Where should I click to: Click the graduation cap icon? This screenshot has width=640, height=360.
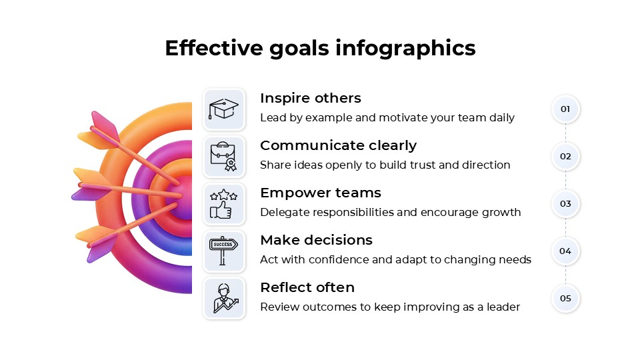(x=224, y=109)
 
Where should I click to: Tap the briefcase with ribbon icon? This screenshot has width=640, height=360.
(x=224, y=156)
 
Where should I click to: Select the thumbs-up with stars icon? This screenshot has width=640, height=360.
(x=224, y=204)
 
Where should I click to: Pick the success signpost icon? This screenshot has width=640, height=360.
(x=224, y=251)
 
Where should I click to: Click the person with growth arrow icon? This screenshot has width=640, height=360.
(x=224, y=298)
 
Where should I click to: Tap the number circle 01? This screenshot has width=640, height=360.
(x=565, y=109)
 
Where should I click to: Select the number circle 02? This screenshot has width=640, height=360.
(x=565, y=157)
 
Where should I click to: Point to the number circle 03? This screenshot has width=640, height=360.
(x=565, y=203)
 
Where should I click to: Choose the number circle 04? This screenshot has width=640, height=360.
(x=565, y=251)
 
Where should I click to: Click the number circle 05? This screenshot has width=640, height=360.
(x=565, y=298)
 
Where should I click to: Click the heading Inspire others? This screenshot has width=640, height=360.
(x=311, y=99)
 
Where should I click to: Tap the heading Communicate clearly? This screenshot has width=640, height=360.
(x=338, y=146)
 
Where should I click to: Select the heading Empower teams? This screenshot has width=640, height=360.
(x=321, y=193)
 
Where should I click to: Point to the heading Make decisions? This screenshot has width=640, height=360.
(x=316, y=240)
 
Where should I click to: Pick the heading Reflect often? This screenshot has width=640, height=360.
(x=307, y=287)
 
